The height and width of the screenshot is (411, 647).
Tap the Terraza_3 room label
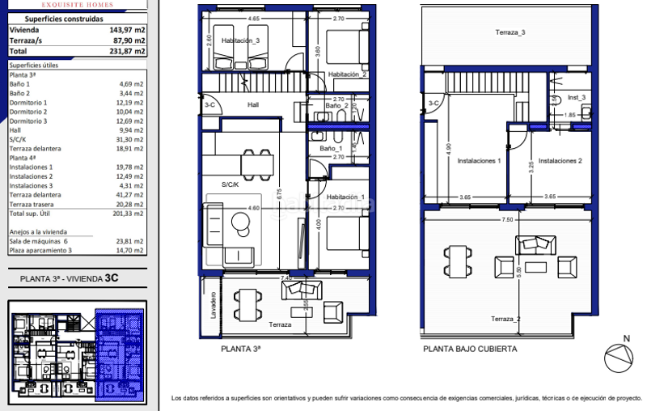(510, 32)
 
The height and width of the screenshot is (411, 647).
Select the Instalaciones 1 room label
(480, 161)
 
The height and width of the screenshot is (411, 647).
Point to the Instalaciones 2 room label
(560, 161)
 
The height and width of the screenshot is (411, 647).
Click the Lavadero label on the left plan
(213, 304)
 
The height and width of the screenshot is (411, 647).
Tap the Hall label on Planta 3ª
(253, 104)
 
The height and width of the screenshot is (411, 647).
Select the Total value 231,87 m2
(128, 50)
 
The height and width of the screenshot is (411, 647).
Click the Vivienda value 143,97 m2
(128, 29)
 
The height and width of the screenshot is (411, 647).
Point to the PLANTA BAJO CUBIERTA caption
(469, 350)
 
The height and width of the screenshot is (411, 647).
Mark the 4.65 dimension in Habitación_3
(254, 18)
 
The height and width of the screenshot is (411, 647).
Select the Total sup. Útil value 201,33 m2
(128, 214)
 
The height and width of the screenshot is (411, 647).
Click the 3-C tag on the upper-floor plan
(433, 103)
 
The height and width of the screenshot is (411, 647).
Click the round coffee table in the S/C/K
(239, 220)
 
